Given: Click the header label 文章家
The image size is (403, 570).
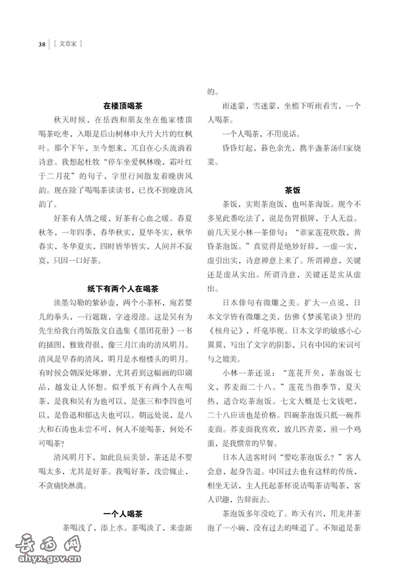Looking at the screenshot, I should point(70,44).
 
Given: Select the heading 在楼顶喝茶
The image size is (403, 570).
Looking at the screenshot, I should point(124,106).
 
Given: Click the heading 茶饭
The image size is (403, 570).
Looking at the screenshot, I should point(292,189).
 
